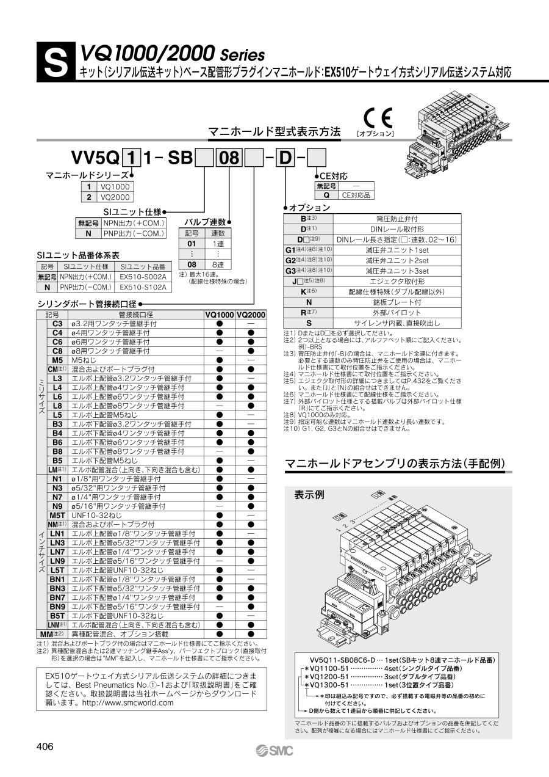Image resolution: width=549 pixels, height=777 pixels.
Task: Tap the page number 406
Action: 45,746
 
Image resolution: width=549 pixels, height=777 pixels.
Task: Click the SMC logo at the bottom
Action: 274,750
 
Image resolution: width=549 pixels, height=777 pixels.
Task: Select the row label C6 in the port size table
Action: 57,342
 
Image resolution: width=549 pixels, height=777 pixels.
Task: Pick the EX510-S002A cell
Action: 142,277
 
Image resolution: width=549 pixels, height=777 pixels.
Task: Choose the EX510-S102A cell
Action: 142,286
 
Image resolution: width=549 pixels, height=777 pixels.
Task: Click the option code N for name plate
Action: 309,302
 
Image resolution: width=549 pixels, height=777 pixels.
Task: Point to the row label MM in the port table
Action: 56,634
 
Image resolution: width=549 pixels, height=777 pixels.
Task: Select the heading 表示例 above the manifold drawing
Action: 309,494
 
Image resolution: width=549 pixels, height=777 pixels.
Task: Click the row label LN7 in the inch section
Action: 57,552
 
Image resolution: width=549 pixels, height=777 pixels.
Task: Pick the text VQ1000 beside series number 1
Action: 115,187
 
